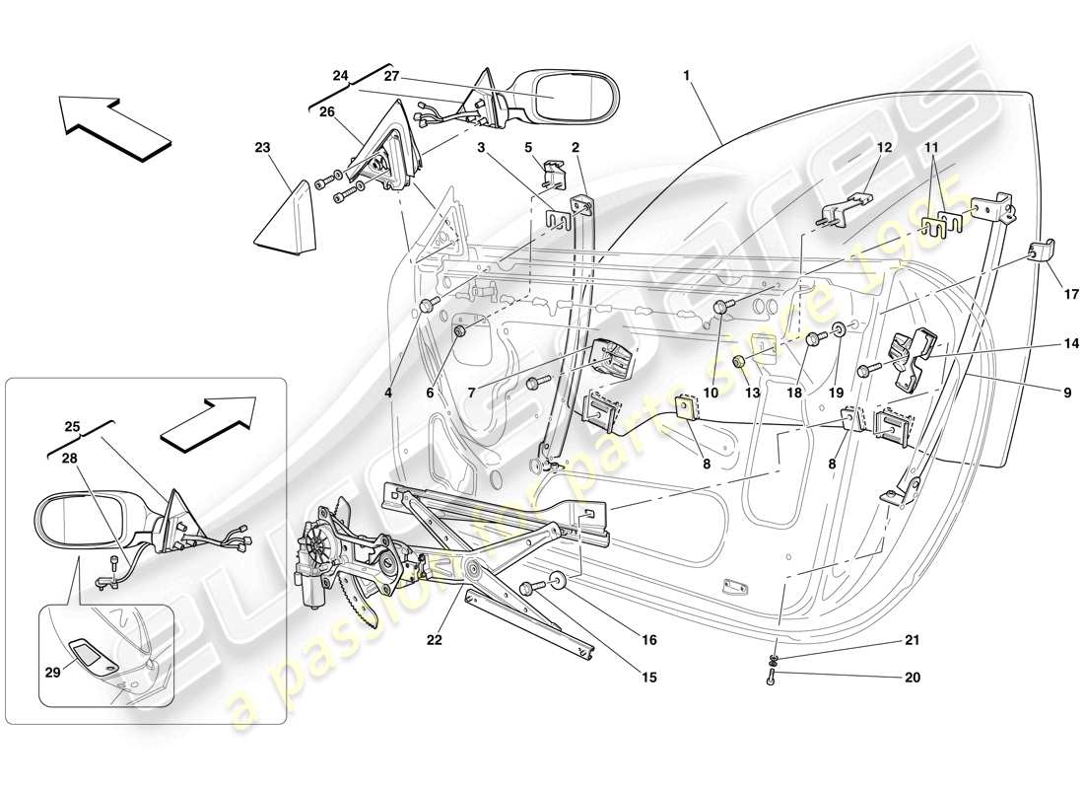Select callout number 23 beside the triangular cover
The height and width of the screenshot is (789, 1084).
tap(261, 148)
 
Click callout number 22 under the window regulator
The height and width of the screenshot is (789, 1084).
tap(435, 640)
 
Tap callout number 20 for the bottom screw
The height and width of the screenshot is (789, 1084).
tap(912, 678)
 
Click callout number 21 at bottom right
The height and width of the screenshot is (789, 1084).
tap(912, 640)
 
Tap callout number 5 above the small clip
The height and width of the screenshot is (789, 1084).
tap(527, 149)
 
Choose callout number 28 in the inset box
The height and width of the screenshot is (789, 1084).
tap(69, 460)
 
